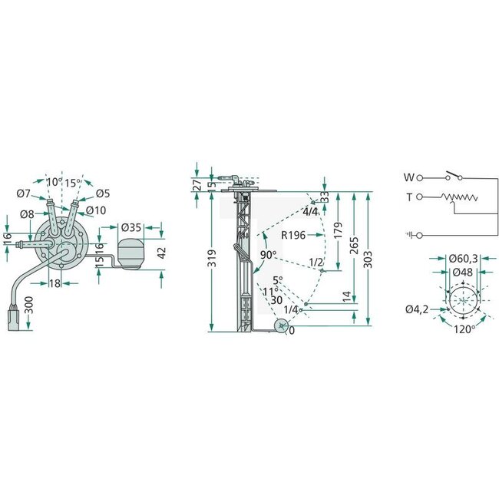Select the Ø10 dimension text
(96, 210)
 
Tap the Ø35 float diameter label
(132, 227)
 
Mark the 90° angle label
(268, 255)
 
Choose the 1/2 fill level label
(316, 263)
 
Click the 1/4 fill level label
(292, 309)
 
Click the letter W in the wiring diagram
(408, 177)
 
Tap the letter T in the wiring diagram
(409, 197)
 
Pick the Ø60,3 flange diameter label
(463, 259)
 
